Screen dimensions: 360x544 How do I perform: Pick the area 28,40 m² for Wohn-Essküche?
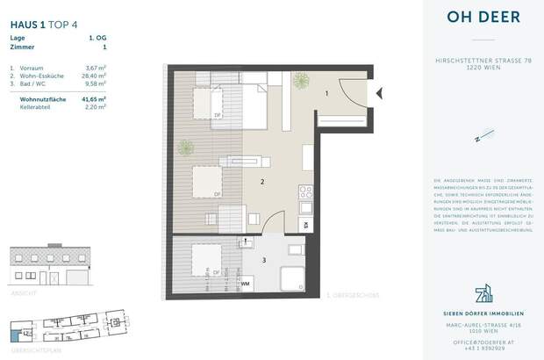(x=94, y=76)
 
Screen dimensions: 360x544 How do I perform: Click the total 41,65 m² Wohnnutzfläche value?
(x=94, y=100)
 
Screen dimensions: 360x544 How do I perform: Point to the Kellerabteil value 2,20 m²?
(x=95, y=108)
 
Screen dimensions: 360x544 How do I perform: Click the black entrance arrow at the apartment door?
(x=379, y=91)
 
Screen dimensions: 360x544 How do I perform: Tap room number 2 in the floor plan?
(x=262, y=183)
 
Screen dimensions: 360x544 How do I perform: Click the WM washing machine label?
(x=247, y=283)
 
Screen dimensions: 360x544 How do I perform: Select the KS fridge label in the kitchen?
(x=304, y=225)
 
